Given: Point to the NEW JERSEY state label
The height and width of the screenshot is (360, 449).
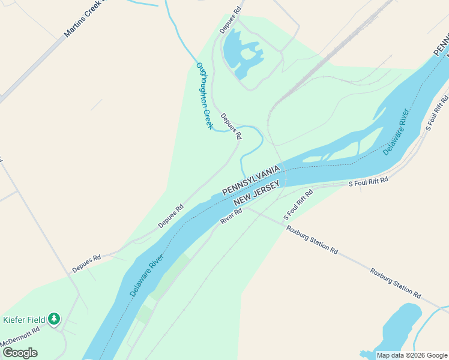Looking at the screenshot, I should click(x=256, y=195).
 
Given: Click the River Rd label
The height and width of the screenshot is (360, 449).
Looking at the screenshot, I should click(x=231, y=216).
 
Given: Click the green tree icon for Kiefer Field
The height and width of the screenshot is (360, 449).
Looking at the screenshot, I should click(x=55, y=319).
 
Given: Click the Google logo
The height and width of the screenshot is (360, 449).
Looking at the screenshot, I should click(x=20, y=352).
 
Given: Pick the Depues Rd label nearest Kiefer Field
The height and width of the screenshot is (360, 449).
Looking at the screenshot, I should click(x=86, y=263).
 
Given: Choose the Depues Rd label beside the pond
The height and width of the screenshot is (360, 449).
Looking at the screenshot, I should click(x=230, y=20).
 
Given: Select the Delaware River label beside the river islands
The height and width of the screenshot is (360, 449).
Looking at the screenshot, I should click(x=396, y=132).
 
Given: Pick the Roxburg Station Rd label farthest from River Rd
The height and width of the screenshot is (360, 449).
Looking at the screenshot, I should click(x=395, y=283).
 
